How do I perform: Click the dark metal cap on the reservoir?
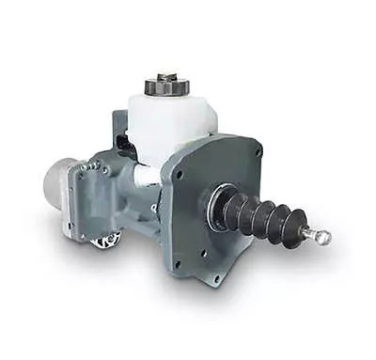tap(167, 87)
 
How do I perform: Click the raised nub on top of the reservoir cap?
tap(166, 77)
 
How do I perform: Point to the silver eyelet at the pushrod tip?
tap(323, 238)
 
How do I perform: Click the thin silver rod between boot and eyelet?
tap(311, 232)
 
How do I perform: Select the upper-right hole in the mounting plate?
tap(253, 153)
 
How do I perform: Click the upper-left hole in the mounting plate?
tap(180, 173)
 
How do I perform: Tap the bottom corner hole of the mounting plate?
tap(216, 274)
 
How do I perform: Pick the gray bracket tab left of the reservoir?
tap(119, 122)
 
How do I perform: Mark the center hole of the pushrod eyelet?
tap(324, 238)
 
